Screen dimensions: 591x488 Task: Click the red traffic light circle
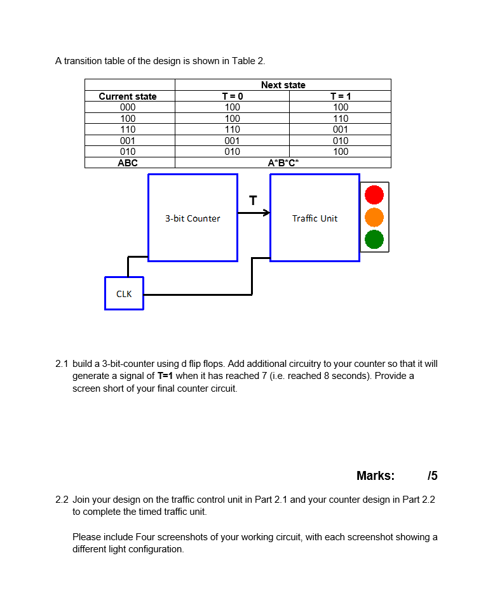pos(374,195)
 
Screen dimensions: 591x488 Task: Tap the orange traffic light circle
pos(374,217)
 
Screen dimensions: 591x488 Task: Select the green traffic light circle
pos(374,239)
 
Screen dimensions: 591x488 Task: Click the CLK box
pos(124,294)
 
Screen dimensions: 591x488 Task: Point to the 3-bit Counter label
pos(193,218)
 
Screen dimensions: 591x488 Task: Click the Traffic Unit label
pos(315,218)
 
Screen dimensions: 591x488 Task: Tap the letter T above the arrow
pos(253,201)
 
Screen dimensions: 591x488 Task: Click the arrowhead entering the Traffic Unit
pos(266,213)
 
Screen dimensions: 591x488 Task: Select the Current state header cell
pos(128,96)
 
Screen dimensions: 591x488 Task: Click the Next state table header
pos(283,85)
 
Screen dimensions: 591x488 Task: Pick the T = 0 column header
pos(232,96)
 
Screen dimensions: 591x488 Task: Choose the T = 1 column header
pos(341,96)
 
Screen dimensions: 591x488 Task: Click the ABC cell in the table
pos(128,163)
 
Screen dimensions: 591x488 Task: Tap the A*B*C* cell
pos(283,163)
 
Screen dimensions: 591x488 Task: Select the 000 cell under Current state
pos(128,107)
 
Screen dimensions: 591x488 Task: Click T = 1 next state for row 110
pos(341,129)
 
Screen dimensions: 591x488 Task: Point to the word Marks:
pos(376,475)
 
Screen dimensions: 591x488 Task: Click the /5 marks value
pos(433,475)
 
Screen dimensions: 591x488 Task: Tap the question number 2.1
pos(62,364)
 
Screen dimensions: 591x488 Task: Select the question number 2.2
pos(62,500)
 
